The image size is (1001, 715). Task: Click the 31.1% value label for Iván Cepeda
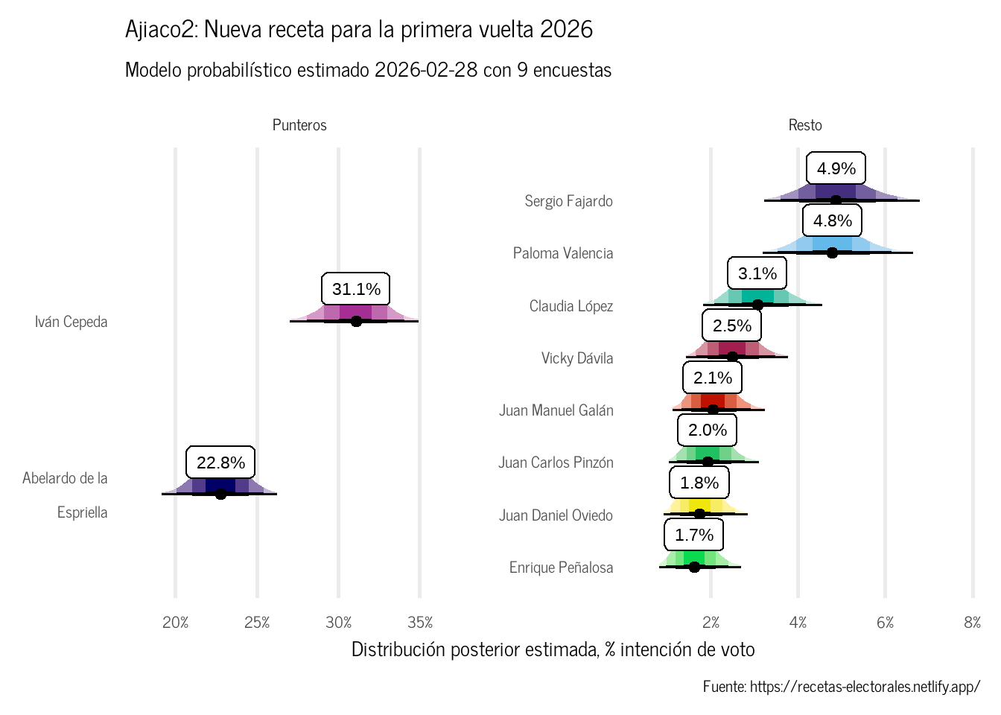pyautogui.click(x=356, y=289)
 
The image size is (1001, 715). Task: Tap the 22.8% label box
pyautogui.click(x=220, y=463)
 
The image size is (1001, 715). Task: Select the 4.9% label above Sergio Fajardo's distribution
pyautogui.click(x=836, y=168)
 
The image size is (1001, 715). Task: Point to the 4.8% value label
pyautogui.click(x=832, y=220)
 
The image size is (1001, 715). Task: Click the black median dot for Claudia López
pyautogui.click(x=757, y=305)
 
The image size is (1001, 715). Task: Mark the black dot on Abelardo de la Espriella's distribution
pyautogui.click(x=220, y=494)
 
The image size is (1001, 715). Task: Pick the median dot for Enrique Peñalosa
pyautogui.click(x=694, y=567)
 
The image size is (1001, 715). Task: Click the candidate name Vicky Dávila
pyautogui.click(x=577, y=358)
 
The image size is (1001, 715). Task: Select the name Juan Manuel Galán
pyautogui.click(x=556, y=410)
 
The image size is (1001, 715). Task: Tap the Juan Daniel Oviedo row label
pyautogui.click(x=556, y=515)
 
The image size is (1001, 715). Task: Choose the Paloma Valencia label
pyautogui.click(x=563, y=253)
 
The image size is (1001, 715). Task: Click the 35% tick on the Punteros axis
pyautogui.click(x=420, y=623)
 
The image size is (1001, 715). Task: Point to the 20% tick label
pyautogui.click(x=176, y=623)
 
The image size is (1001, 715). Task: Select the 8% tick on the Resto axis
pyautogui.click(x=972, y=623)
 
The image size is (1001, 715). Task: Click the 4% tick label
pyautogui.click(x=798, y=623)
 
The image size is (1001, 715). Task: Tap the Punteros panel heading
pyautogui.click(x=299, y=125)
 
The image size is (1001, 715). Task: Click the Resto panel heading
pyautogui.click(x=805, y=125)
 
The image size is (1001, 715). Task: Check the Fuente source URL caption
pyautogui.click(x=842, y=687)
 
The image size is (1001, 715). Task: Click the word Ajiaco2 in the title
pyautogui.click(x=161, y=30)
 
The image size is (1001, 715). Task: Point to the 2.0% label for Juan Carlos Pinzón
pyautogui.click(x=707, y=430)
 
